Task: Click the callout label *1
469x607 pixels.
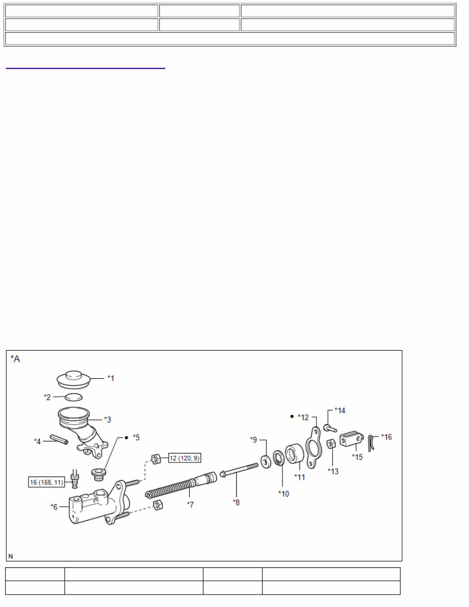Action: pyautogui.click(x=111, y=378)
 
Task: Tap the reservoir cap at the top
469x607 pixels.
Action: pyautogui.click(x=73, y=380)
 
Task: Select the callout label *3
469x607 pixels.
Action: pyautogui.click(x=107, y=419)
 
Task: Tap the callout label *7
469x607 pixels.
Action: pyautogui.click(x=190, y=505)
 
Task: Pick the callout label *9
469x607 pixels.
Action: pyautogui.click(x=254, y=440)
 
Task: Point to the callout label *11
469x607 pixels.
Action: pyautogui.click(x=300, y=477)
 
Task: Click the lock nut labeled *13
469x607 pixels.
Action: pyautogui.click(x=331, y=444)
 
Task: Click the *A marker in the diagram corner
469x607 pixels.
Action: pyautogui.click(x=16, y=359)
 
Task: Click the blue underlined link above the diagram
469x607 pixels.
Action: pyautogui.click(x=85, y=67)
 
